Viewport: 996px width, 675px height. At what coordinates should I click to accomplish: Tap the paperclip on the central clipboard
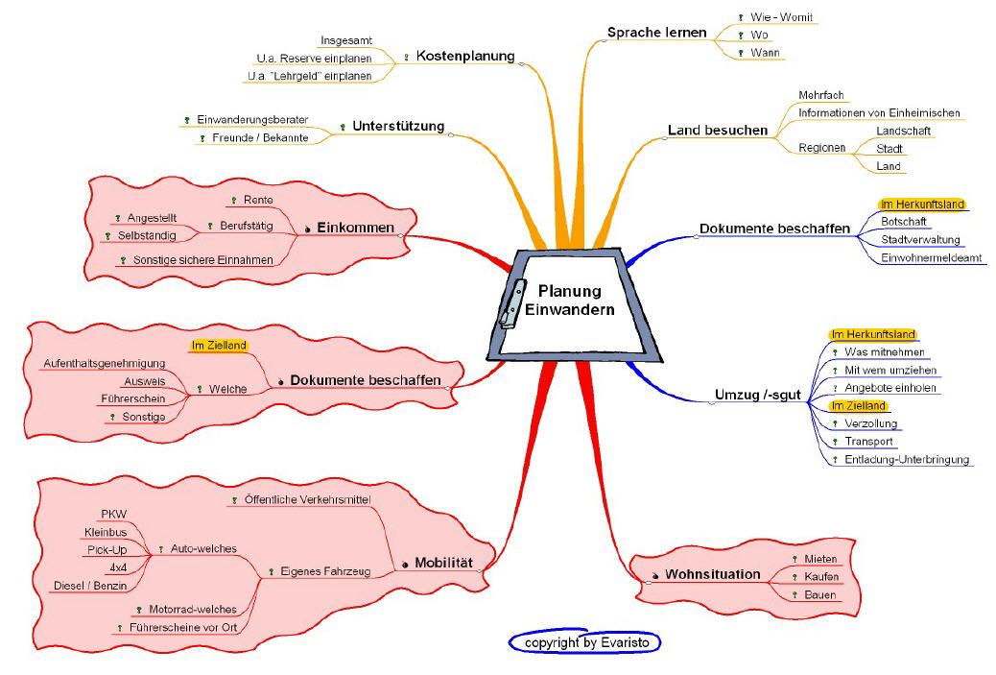pos(513,302)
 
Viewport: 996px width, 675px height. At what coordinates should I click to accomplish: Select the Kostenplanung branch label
pos(465,57)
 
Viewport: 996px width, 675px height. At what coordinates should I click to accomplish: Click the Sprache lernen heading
pos(656,33)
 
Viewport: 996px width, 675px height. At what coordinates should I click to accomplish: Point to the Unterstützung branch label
pos(398,126)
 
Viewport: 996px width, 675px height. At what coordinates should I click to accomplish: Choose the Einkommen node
pos(355,228)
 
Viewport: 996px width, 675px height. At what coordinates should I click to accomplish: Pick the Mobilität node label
pos(443,563)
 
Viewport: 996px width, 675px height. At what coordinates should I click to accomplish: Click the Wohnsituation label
pos(712,574)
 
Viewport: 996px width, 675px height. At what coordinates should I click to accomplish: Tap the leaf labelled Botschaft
pos(903,222)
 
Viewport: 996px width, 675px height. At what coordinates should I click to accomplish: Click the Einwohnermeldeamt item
pos(932,257)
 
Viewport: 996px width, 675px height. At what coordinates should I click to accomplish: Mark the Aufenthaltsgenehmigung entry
pos(105,363)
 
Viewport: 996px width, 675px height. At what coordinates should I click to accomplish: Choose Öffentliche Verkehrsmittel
pos(308,500)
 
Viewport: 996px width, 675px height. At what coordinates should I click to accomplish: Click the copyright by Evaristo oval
pos(584,641)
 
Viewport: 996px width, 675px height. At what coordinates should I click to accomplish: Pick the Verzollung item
pos(871,423)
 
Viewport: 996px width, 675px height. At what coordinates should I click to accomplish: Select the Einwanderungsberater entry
pos(251,119)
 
